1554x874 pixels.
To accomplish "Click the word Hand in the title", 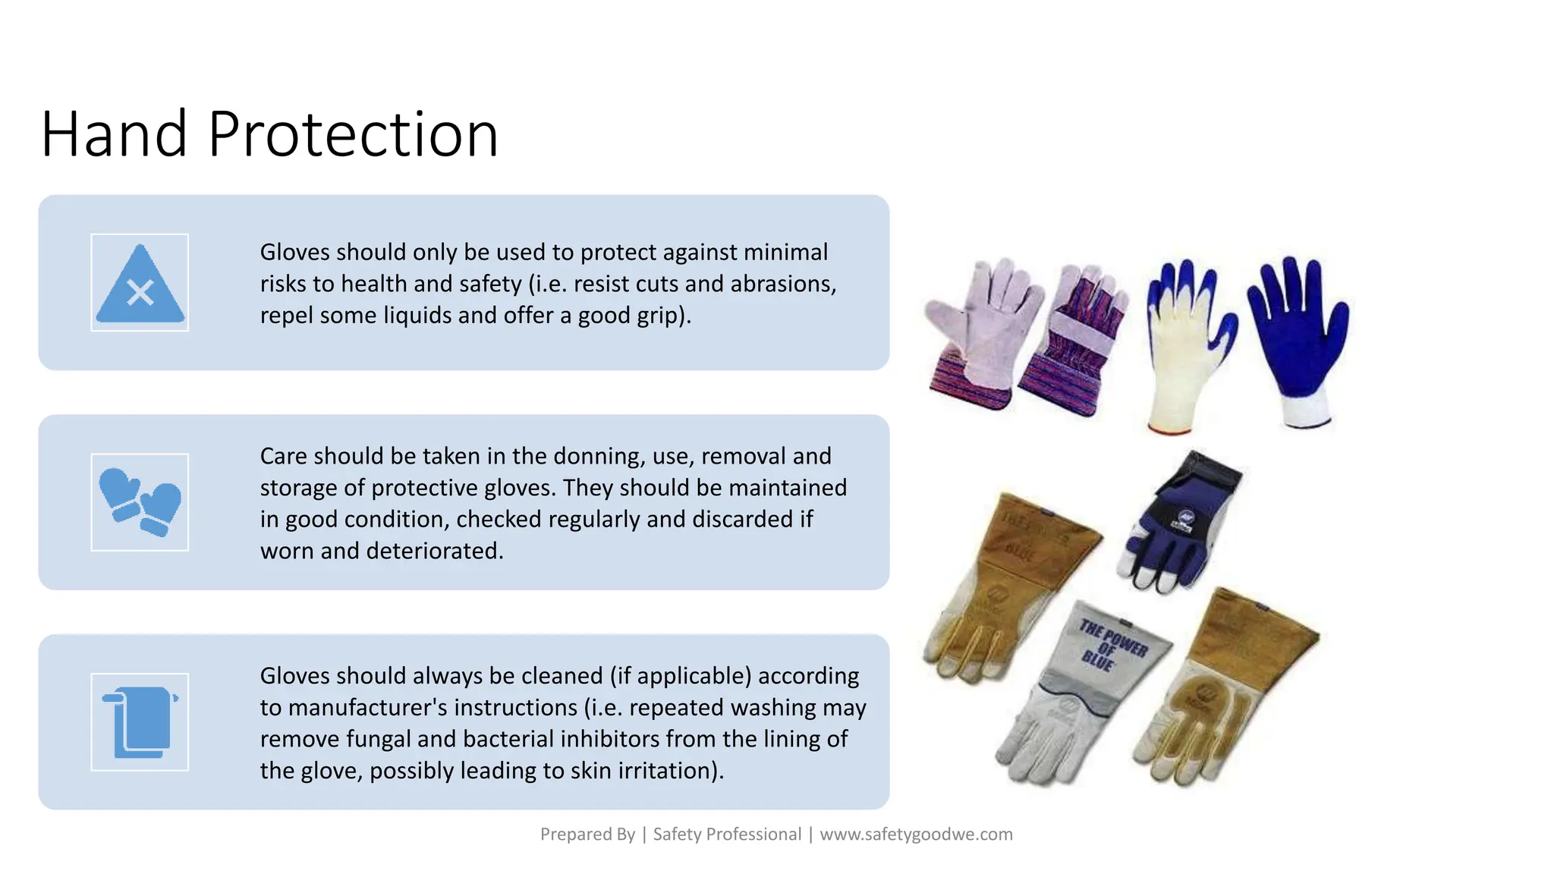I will (x=114, y=134).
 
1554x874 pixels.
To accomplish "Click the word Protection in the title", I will (x=353, y=134).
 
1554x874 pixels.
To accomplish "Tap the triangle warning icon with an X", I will (x=140, y=283).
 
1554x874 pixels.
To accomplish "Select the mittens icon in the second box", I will (x=140, y=502).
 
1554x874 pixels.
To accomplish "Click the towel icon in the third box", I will (x=140, y=722).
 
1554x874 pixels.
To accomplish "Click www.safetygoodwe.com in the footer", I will (x=916, y=835).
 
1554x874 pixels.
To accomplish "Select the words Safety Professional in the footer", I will (x=727, y=835).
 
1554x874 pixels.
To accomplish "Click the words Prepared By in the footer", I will (x=587, y=835).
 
